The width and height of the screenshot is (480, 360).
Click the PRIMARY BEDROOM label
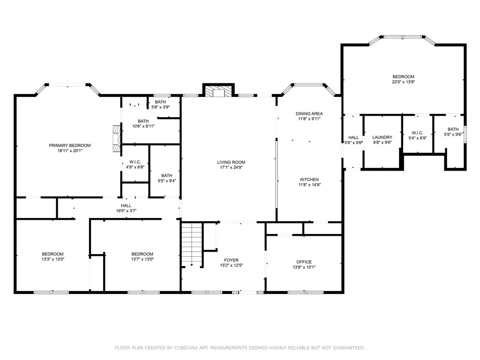coord(70,145)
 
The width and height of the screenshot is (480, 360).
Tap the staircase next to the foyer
coord(192,245)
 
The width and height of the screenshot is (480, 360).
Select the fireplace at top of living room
coord(218,91)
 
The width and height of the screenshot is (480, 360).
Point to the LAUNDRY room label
coord(382,137)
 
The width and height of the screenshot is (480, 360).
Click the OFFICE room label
coord(304,262)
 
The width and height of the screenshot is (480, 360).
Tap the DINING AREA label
coord(309,113)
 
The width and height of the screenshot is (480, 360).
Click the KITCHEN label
coord(309,180)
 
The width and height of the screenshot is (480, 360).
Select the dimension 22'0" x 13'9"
coord(403,82)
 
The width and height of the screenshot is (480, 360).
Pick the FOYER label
coord(231,260)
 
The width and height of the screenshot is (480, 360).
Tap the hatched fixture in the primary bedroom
coord(116,138)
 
